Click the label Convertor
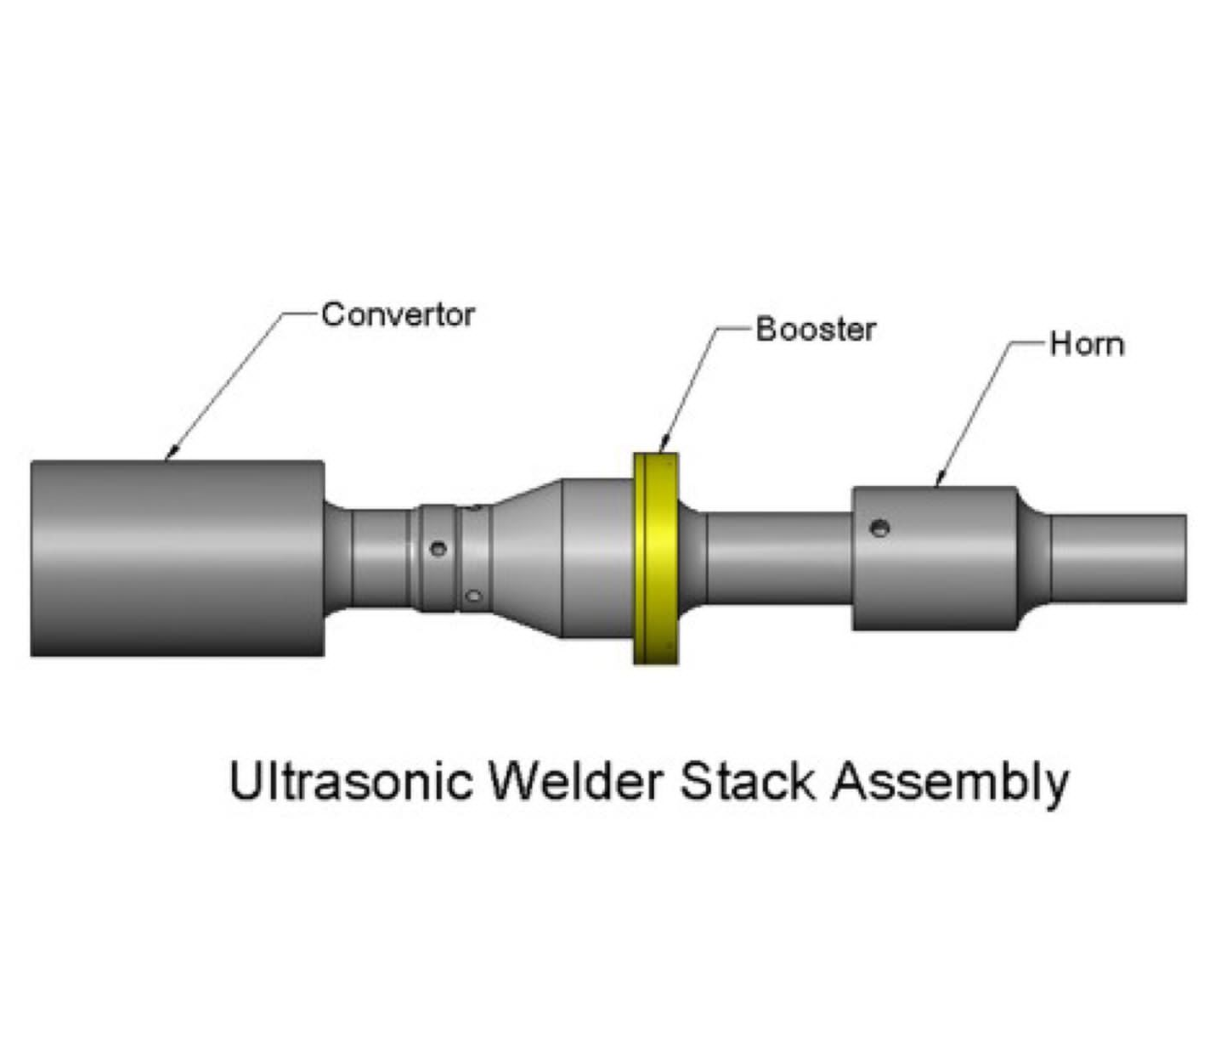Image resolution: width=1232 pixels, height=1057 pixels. click(x=398, y=315)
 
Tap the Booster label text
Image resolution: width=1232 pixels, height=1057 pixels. click(x=815, y=330)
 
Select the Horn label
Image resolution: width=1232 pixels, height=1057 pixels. click(x=1087, y=345)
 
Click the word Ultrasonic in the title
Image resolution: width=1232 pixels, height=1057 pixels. click(x=350, y=781)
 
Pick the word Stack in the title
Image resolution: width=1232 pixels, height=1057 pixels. click(x=747, y=781)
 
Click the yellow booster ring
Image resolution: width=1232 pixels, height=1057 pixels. click(x=655, y=558)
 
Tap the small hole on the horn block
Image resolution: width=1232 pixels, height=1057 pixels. click(x=881, y=528)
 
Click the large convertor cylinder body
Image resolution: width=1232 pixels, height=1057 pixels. click(x=177, y=558)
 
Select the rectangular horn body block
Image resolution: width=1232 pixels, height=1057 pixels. click(x=935, y=558)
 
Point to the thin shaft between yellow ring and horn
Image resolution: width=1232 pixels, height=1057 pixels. click(x=777, y=558)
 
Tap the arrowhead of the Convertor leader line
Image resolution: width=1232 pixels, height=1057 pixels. click(x=169, y=455)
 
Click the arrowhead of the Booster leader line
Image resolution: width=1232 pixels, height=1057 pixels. click(x=663, y=446)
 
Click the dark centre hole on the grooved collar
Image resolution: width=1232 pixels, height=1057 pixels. click(x=438, y=549)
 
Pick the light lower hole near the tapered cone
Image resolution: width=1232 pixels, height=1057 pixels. click(x=474, y=596)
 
